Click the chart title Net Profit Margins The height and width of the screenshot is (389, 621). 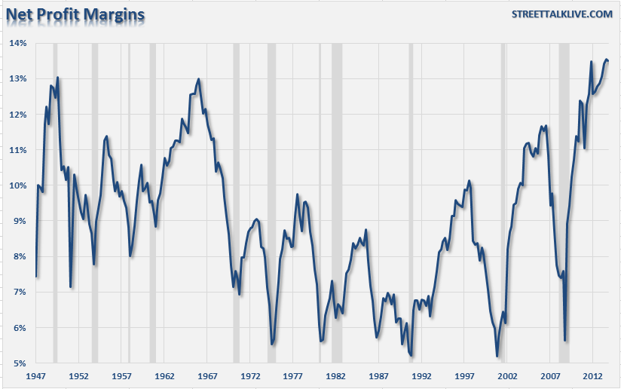pyautogui.click(x=75, y=14)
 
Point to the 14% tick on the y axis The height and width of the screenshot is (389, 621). pyautogui.click(x=17, y=43)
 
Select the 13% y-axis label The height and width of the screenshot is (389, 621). pyautogui.click(x=17, y=78)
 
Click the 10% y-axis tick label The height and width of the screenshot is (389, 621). pyautogui.click(x=17, y=185)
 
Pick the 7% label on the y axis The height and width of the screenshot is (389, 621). pyautogui.click(x=17, y=292)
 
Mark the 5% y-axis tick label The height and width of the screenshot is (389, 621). pyautogui.click(x=17, y=363)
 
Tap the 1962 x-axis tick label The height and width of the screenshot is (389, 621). pyautogui.click(x=164, y=375)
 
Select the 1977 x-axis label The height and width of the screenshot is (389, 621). pyautogui.click(x=293, y=375)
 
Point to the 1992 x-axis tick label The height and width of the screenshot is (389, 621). pyautogui.click(x=421, y=375)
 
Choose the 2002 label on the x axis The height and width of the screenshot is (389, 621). pyautogui.click(x=507, y=375)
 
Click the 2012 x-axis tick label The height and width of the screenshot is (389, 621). pyautogui.click(x=592, y=375)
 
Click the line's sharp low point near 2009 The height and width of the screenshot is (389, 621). pyautogui.click(x=565, y=340)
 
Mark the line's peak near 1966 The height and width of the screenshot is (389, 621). pyautogui.click(x=198, y=78)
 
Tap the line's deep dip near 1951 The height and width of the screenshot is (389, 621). pyautogui.click(x=71, y=286)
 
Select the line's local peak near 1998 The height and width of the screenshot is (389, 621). pyautogui.click(x=469, y=181)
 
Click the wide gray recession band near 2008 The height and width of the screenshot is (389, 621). pyautogui.click(x=564, y=204)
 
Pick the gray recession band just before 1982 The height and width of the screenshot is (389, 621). pyautogui.click(x=337, y=204)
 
